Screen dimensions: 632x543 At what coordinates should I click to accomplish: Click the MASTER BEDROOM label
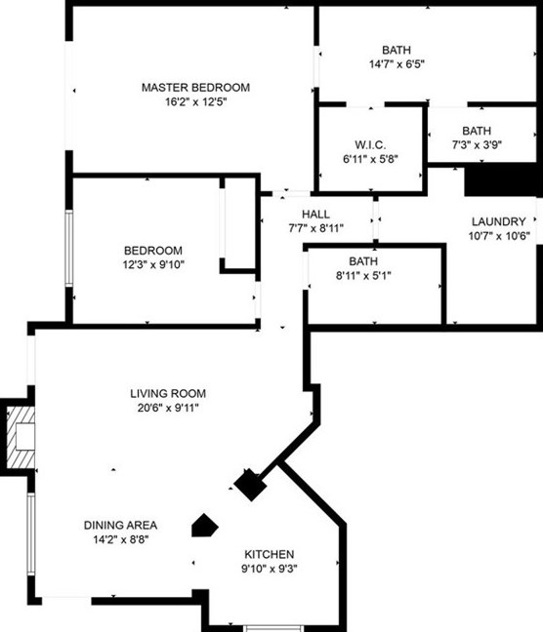click(195, 88)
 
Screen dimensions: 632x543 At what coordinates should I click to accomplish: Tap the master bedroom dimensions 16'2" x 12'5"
click(195, 103)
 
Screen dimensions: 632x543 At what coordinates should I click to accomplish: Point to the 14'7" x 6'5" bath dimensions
click(397, 64)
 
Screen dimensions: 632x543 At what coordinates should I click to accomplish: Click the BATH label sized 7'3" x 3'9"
click(477, 131)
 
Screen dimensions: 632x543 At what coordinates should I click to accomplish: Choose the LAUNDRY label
click(498, 221)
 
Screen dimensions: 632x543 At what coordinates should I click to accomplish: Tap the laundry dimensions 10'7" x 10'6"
click(498, 235)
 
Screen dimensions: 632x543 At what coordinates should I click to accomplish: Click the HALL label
click(315, 215)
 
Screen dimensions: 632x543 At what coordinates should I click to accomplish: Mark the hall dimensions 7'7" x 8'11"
click(315, 228)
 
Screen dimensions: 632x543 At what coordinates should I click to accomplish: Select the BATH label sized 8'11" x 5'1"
click(363, 261)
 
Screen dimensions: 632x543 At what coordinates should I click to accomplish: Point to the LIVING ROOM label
click(168, 394)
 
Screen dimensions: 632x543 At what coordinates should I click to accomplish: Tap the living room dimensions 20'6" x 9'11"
click(168, 408)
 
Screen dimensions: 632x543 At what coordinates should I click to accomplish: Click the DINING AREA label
click(121, 524)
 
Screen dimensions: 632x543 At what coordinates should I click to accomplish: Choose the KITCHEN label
click(269, 554)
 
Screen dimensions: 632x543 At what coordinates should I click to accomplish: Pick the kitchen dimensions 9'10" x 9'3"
click(269, 568)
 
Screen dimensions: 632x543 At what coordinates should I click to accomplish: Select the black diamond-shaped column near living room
click(250, 485)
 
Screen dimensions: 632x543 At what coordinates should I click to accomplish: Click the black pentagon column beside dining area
click(203, 526)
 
